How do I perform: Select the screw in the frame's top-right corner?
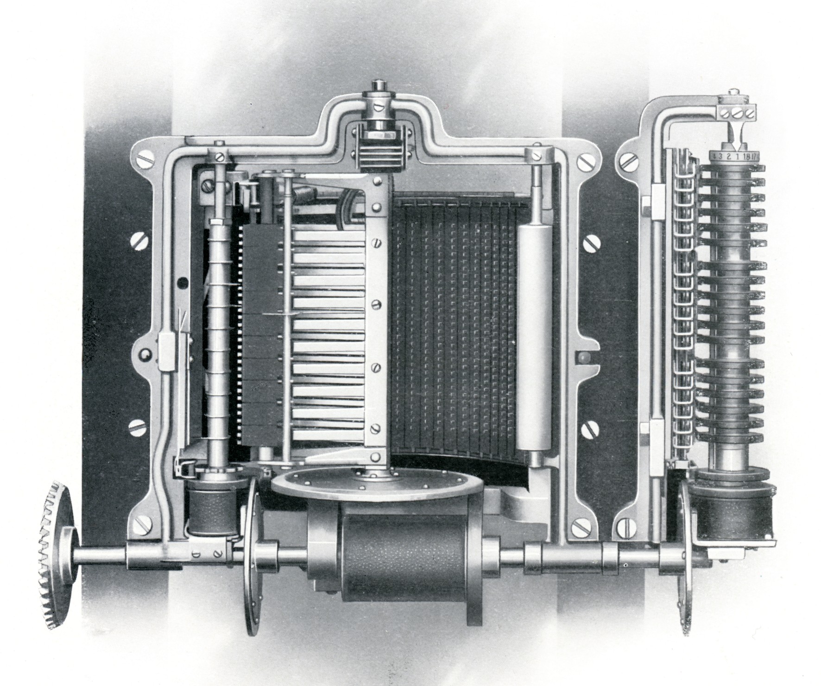click(x=583, y=162)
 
